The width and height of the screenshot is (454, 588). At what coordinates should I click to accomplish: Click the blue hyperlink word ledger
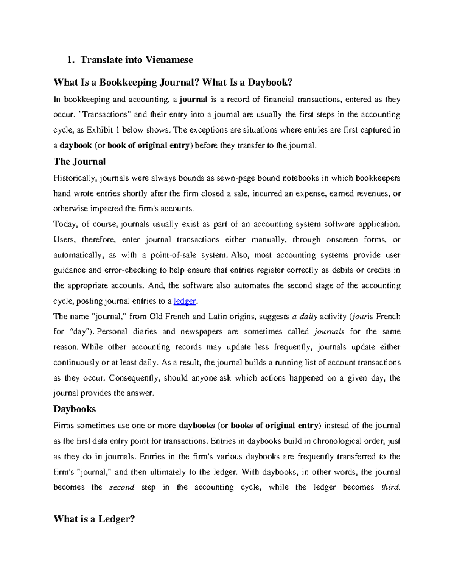[x=185, y=301]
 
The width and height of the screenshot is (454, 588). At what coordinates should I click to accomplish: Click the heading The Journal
[x=79, y=162]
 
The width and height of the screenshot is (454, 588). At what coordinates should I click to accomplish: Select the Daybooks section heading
[x=75, y=409]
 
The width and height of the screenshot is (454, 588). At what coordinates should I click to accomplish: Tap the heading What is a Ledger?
[x=94, y=519]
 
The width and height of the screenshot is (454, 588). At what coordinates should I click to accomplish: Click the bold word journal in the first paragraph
[x=193, y=100]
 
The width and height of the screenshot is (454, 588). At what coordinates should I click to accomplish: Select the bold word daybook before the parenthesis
[x=76, y=146]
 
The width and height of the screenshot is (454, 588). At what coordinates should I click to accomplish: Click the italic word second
[x=121, y=488]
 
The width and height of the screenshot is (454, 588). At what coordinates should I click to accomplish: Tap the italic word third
[x=390, y=488]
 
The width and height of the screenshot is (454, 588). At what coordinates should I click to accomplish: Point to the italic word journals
[x=329, y=332]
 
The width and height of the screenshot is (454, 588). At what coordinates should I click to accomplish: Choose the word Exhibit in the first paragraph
[x=100, y=130]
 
